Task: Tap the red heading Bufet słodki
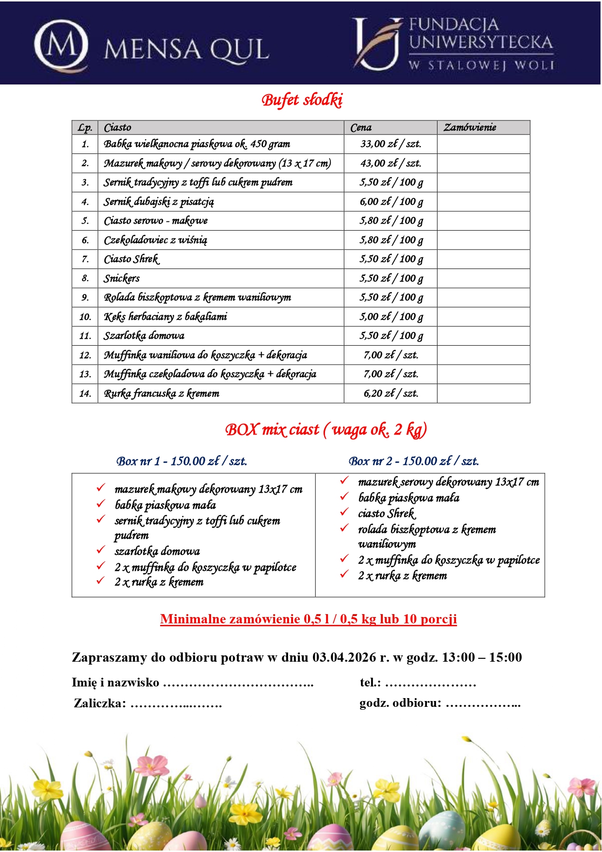pos(302,100)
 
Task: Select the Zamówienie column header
pos(470,128)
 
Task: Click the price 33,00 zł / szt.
pos(390,144)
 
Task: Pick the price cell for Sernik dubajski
pos(390,201)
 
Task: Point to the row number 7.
pos(85,259)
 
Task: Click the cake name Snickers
pos(122,279)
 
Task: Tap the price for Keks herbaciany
pos(390,317)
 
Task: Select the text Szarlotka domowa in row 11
pos(144,336)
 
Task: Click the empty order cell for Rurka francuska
pos(483,394)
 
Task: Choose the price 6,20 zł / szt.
pos(390,394)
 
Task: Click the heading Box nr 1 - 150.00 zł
pos(181,461)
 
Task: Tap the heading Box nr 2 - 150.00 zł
pos(413,461)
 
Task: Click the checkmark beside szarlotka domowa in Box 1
pos(101,550)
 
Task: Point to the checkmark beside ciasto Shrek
pos(344,512)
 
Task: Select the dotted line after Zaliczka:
pos(176,704)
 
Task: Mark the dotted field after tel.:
pos(430,684)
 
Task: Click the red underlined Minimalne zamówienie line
pos(309,619)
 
